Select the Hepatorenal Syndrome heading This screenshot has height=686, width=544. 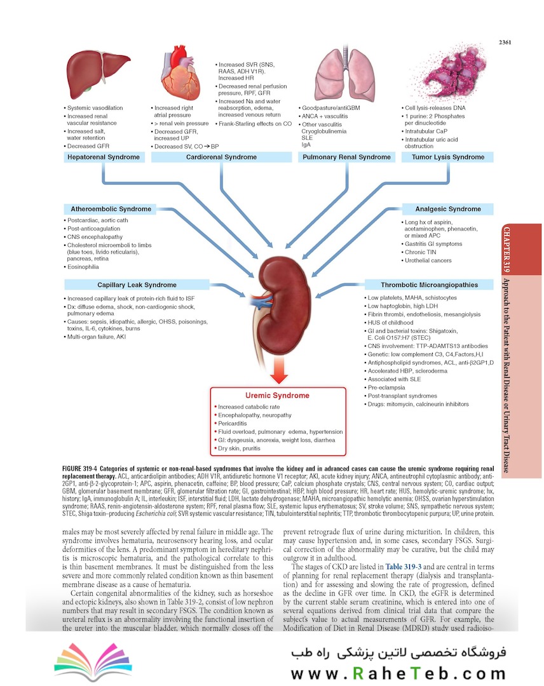point(103,157)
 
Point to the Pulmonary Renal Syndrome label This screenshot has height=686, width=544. point(346,157)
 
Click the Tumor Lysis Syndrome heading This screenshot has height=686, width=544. point(447,157)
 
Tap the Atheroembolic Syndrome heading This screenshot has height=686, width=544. point(111,209)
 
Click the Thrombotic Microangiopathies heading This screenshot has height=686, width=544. point(429,285)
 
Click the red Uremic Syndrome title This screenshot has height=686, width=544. point(277,395)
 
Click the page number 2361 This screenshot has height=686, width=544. point(506,43)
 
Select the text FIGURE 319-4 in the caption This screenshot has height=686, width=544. point(85,469)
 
